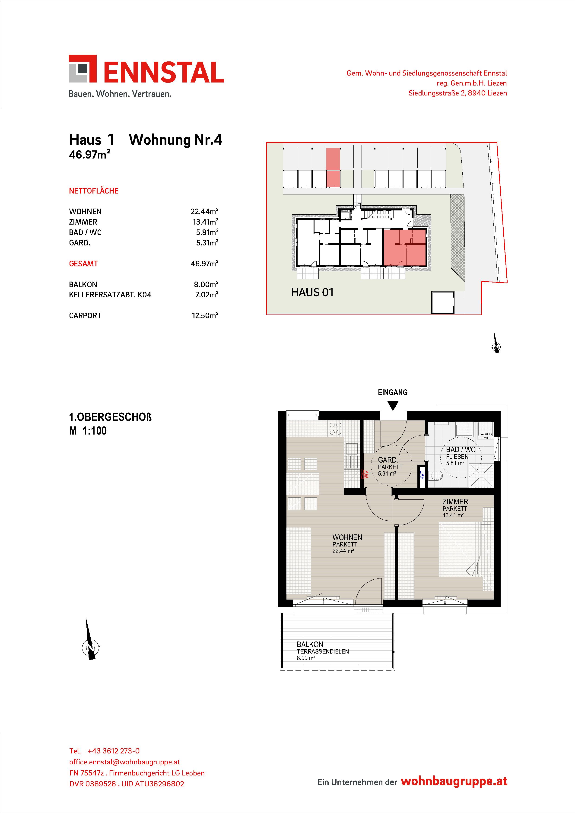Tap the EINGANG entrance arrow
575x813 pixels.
pos(393,405)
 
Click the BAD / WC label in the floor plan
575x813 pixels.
pos(461,450)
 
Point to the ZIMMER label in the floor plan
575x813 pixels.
pos(455,502)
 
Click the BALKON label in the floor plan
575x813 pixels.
pos(310,645)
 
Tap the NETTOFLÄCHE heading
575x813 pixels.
pos(94,191)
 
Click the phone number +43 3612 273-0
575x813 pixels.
pos(113,751)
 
